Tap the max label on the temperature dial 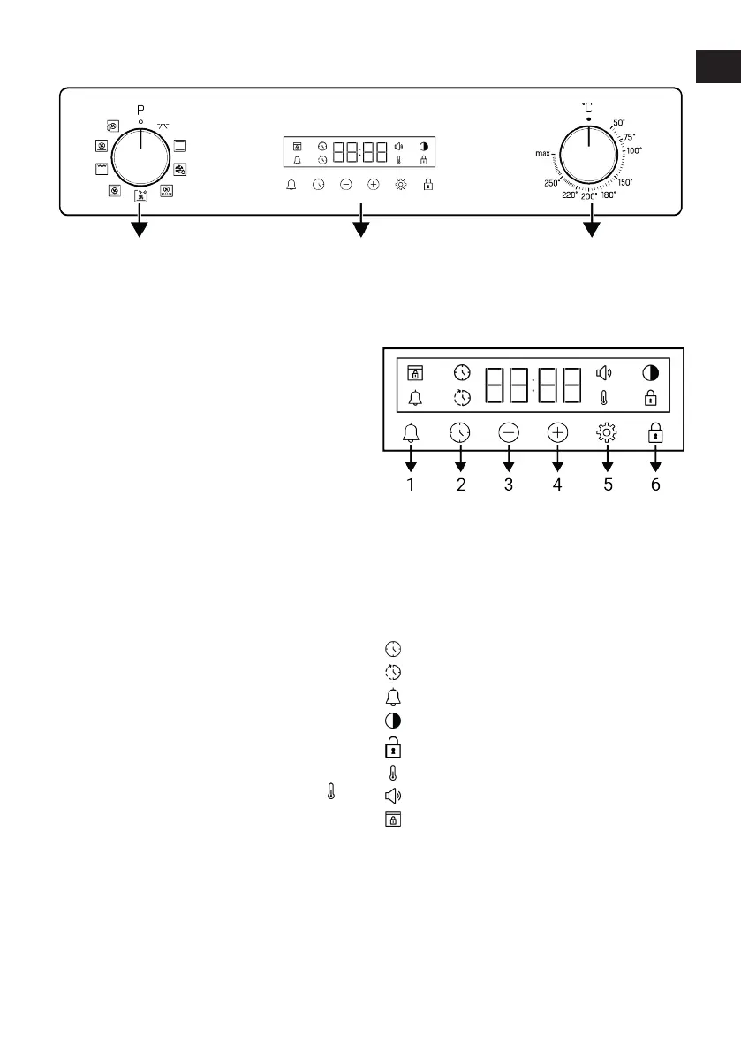pos(543,153)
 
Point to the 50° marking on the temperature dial pos(619,122)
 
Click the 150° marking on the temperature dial pos(624,181)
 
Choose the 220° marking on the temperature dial pos(570,195)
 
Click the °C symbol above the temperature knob pos(587,106)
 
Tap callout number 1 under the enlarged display pos(411,485)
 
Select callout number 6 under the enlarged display pos(655,485)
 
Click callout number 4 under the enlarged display pos(557,485)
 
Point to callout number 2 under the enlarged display pos(460,485)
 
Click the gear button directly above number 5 pos(607,432)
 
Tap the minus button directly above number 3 pos(509,432)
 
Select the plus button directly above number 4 pos(557,432)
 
